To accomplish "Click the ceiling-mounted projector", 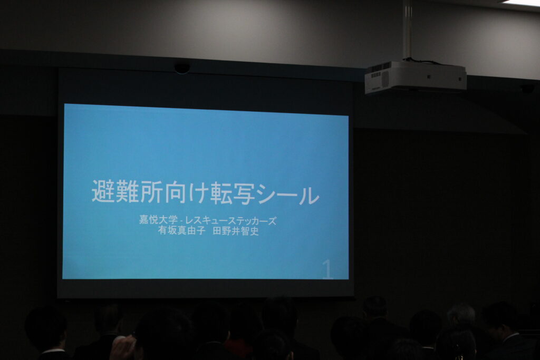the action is (x=416, y=77).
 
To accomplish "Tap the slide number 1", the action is (x=327, y=269).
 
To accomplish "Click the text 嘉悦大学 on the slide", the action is (x=158, y=220).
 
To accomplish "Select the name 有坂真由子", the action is (x=181, y=230).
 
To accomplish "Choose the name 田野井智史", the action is (x=236, y=231).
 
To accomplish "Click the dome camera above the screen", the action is (x=182, y=68).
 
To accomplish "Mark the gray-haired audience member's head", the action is (x=461, y=314).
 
